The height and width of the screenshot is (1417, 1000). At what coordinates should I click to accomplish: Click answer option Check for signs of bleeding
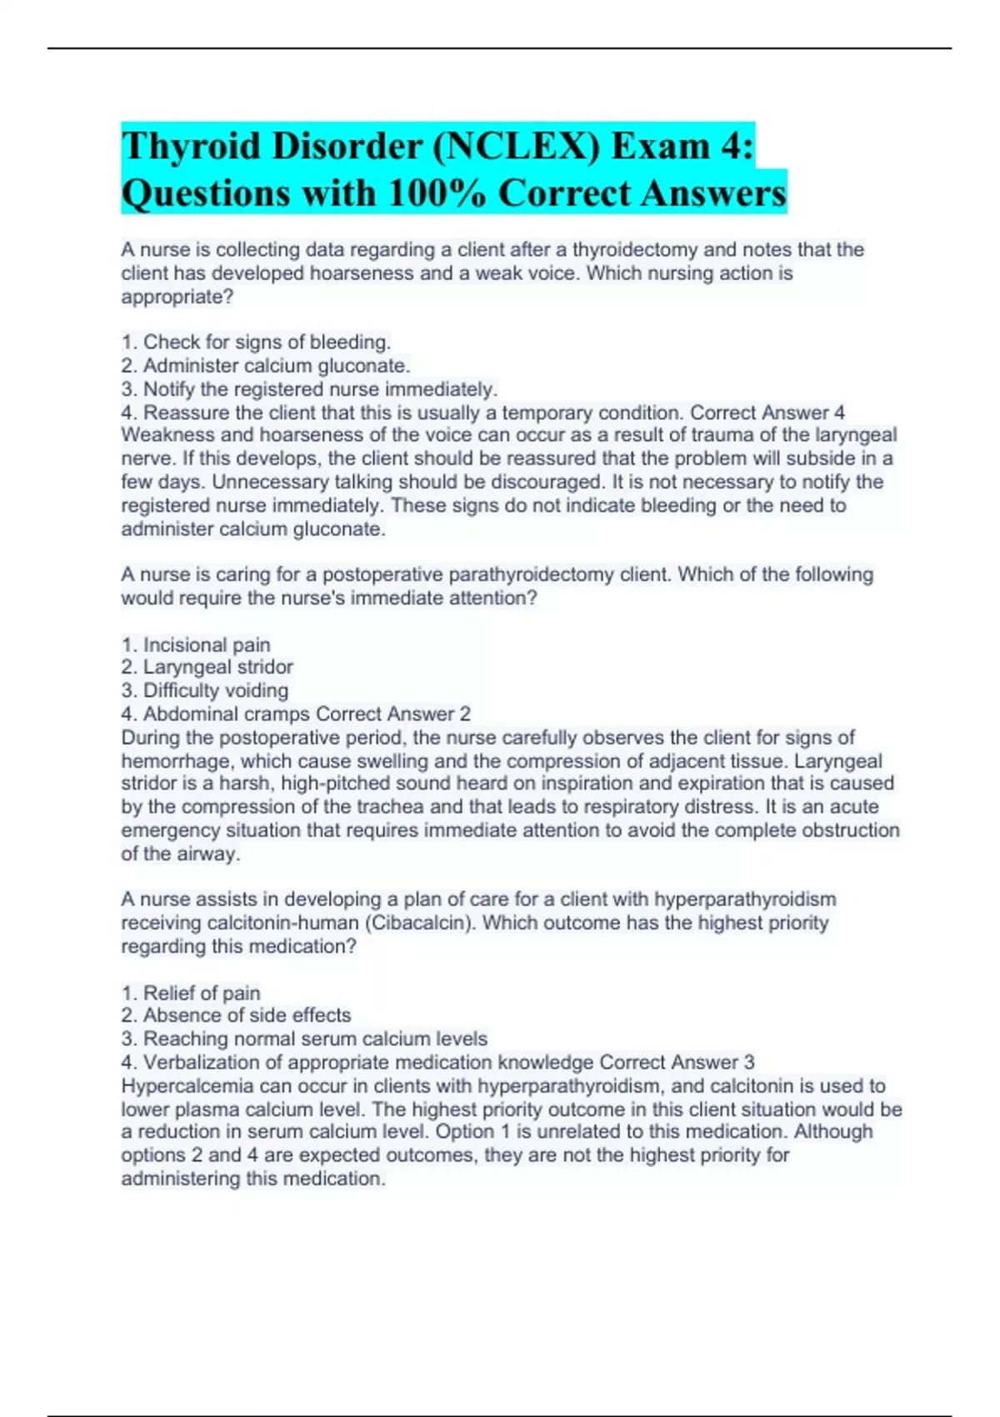tap(256, 342)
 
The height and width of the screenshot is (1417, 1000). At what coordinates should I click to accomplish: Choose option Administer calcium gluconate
tap(266, 365)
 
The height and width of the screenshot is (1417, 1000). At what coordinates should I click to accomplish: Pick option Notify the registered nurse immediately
tap(309, 388)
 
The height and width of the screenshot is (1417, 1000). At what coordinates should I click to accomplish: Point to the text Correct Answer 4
tap(767, 413)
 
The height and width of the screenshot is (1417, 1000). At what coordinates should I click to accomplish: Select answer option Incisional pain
tap(196, 644)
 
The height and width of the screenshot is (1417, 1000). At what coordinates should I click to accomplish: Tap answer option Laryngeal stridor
tap(207, 667)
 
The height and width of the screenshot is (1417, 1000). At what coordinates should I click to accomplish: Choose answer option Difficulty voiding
tap(205, 690)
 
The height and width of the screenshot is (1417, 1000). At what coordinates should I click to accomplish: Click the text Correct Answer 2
tap(393, 714)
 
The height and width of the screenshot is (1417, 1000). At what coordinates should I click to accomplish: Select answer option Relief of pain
tap(191, 993)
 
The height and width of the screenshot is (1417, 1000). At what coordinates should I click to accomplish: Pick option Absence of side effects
tap(236, 1015)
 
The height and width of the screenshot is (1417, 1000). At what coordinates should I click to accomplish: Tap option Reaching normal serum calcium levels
tap(304, 1039)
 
